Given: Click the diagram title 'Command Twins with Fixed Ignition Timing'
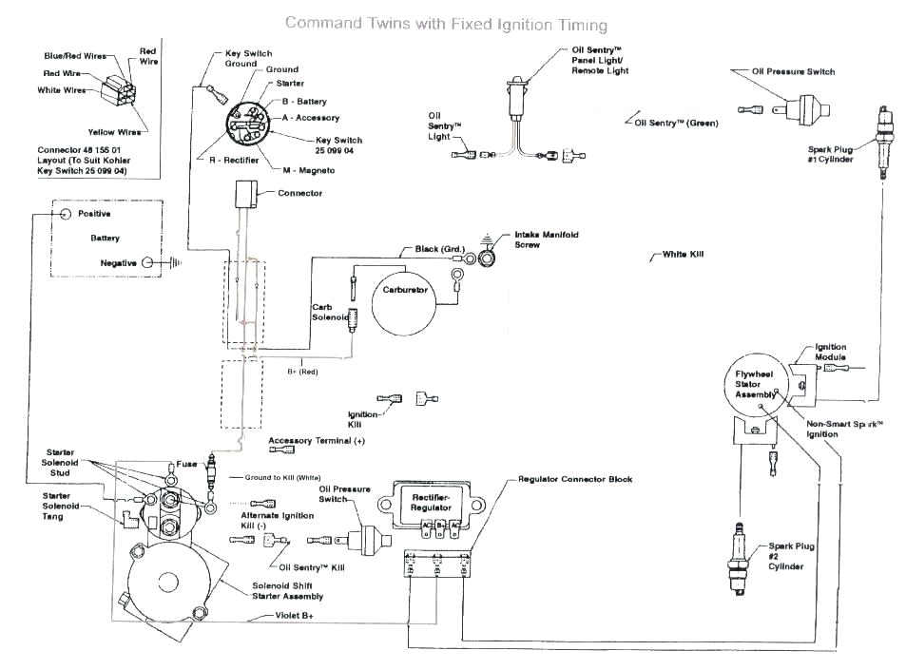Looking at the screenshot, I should pos(446,23).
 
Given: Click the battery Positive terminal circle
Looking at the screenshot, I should pos(66,215).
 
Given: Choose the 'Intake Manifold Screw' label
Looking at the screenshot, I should pos(547,239).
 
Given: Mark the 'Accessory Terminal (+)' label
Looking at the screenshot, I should pos(317,441).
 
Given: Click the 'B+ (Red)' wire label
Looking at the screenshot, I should pos(301,372).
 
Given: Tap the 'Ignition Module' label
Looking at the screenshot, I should pos(830,352).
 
